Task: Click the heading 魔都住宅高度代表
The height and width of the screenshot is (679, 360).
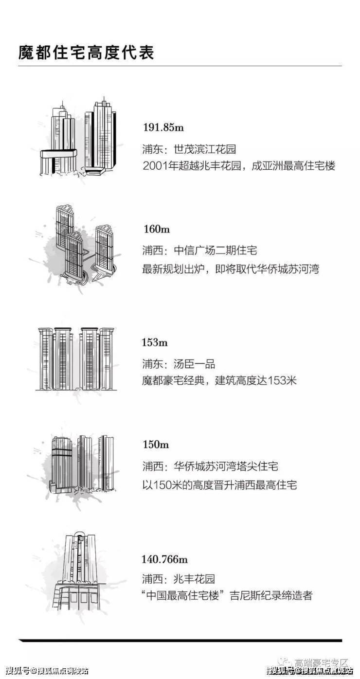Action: coord(86,53)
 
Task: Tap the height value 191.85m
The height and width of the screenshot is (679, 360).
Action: coord(163,127)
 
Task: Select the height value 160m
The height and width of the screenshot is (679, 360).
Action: coord(157,229)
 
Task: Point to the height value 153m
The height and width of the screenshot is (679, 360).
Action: coord(155,342)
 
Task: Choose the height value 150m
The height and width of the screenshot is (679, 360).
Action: coord(156,445)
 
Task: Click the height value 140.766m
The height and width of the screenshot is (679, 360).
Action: coord(165,559)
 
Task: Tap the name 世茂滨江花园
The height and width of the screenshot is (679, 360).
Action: coord(205,149)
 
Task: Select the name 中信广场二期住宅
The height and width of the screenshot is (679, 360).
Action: coord(216,250)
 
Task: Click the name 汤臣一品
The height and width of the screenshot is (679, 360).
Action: coord(194,364)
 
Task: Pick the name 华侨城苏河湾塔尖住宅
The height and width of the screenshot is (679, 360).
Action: coord(226,466)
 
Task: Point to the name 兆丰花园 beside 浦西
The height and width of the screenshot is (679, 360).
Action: coord(194,579)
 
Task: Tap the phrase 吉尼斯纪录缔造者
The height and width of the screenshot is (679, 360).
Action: coord(271,595)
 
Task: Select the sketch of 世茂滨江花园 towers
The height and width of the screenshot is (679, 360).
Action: coord(78,138)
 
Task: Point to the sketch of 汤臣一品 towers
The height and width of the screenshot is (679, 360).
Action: coord(76,358)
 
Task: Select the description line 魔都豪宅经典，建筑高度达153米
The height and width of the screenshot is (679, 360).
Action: coord(219,380)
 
